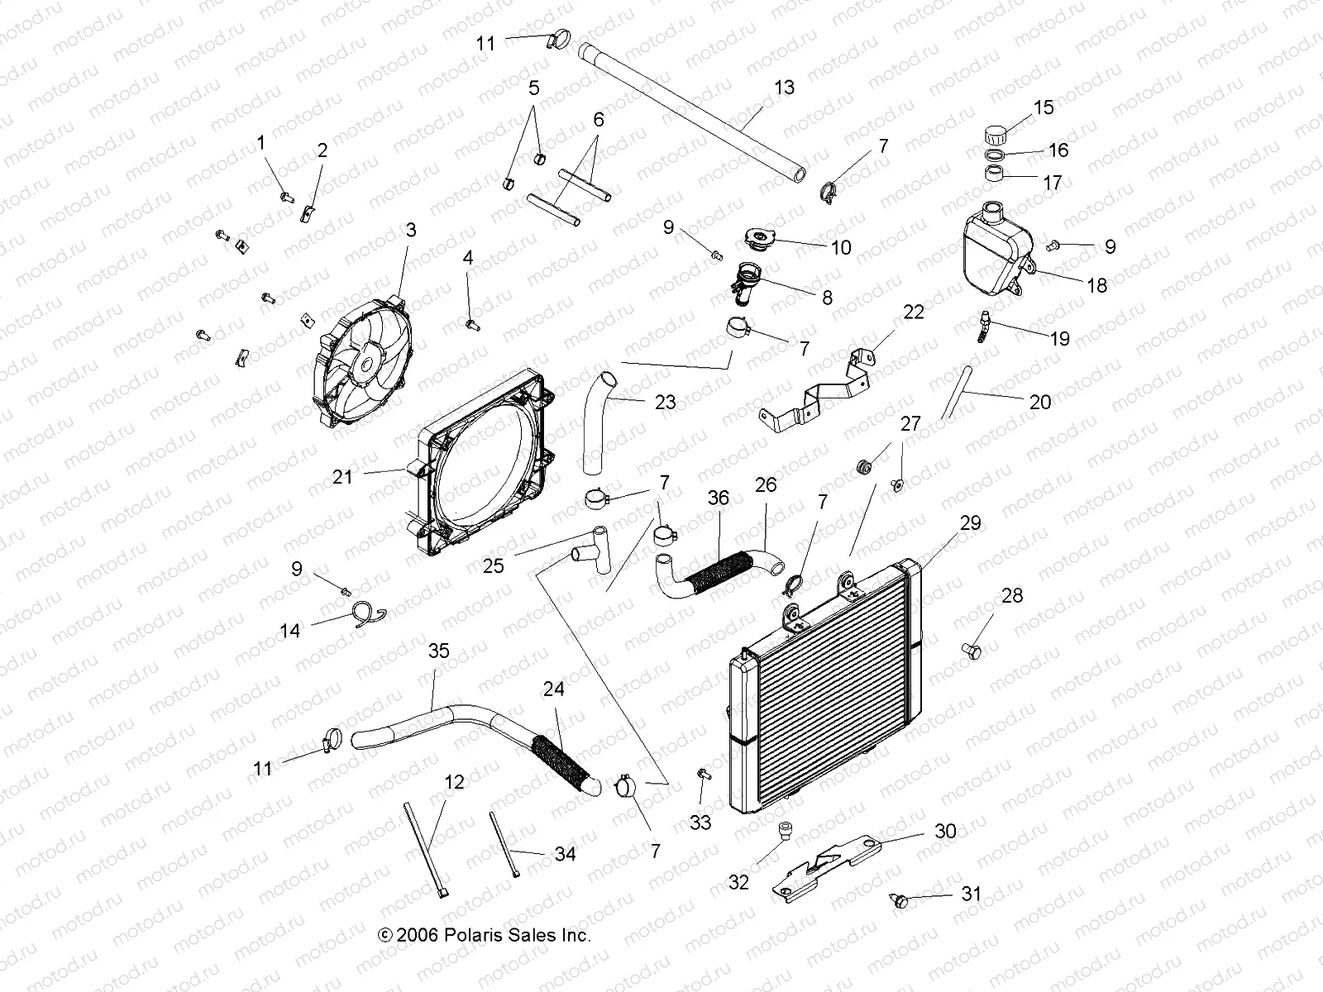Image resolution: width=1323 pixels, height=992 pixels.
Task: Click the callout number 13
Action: tap(784, 88)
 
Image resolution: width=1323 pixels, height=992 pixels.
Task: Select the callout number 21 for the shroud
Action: tap(342, 477)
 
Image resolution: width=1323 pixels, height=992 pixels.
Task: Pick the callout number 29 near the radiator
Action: tap(970, 523)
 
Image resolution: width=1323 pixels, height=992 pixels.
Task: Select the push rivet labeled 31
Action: tap(899, 899)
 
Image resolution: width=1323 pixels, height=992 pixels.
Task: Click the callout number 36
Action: tap(719, 498)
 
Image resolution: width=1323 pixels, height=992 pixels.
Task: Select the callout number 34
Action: tap(565, 854)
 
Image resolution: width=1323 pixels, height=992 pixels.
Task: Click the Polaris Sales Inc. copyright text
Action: tap(485, 935)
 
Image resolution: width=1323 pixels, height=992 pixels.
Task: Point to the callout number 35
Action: tap(438, 651)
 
